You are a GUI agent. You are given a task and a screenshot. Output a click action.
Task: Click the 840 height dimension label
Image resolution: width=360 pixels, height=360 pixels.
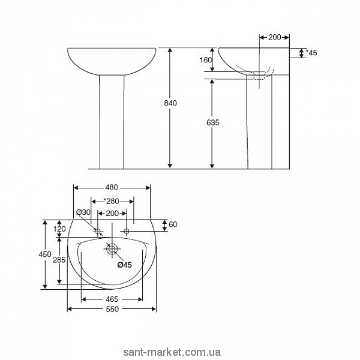coord(170,103)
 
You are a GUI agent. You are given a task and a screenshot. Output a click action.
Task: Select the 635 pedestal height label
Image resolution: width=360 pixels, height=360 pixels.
coord(213,122)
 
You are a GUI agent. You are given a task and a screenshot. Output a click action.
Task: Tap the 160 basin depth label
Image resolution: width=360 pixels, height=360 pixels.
coord(206,60)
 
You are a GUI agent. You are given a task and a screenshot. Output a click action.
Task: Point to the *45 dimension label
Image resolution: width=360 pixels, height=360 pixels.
coord(311,53)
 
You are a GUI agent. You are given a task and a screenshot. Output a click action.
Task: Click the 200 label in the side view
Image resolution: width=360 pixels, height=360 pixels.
coord(275,37)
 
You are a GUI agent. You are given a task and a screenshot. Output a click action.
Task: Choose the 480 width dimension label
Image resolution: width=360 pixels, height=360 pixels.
coord(112,188)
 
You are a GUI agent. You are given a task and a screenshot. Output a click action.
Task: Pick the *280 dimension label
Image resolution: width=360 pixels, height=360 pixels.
coord(111,202)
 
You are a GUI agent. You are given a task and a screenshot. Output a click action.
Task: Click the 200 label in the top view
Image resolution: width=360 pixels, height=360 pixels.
coord(112,214)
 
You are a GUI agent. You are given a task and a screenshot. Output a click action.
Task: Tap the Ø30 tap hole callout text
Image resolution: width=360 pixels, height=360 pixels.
coord(83,212)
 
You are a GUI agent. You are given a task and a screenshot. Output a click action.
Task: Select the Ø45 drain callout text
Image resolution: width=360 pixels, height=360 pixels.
coord(125,265)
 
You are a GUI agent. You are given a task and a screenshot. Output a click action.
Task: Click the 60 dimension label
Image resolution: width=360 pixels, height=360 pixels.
coord(173,224)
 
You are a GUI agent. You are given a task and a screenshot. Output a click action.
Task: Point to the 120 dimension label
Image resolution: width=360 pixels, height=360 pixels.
coord(59,229)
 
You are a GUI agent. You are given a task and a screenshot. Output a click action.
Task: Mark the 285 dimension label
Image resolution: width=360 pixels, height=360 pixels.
coord(59,260)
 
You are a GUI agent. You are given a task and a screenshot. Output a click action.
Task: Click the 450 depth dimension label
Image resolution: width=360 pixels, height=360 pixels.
coord(45,254)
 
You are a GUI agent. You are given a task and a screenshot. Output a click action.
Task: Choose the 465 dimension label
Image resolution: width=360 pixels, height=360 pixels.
coord(112,299)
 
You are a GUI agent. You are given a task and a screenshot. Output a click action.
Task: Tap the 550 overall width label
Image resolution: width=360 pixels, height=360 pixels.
coord(113,309)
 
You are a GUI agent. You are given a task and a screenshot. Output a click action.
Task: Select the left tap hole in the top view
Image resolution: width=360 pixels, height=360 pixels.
coord(98,231)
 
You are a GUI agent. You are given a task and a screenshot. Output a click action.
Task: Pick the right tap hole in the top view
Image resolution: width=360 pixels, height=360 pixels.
coord(127,231)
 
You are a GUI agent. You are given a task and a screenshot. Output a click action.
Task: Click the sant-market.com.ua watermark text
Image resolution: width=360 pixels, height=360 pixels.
coord(172,352)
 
